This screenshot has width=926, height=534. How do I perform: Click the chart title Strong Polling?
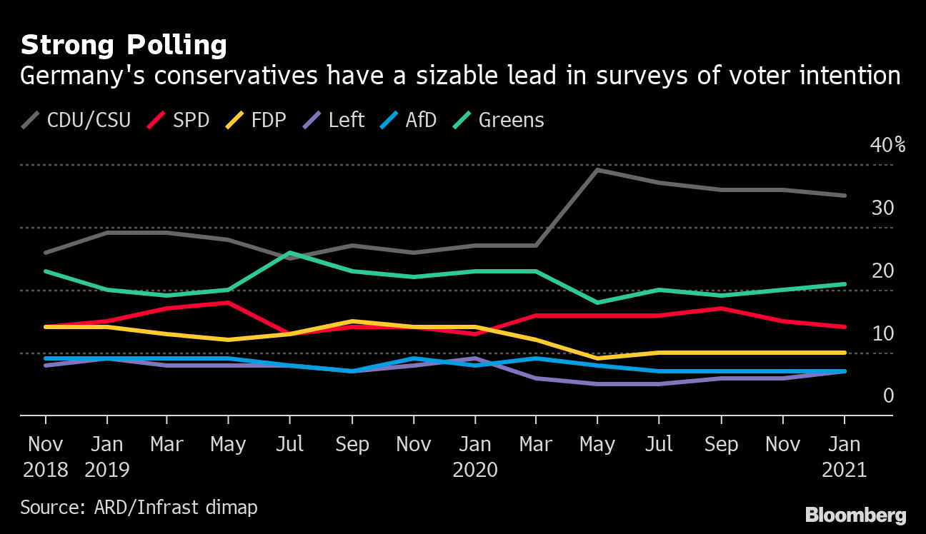124,46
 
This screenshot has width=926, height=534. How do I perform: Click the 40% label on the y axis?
887,146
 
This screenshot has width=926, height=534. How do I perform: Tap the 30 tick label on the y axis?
882,208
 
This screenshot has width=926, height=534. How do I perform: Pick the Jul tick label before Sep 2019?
289,445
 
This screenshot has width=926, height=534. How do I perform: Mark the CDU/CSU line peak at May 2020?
597,170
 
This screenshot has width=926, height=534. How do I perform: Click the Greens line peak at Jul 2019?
289,253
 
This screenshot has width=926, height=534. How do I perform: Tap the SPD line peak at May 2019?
229,302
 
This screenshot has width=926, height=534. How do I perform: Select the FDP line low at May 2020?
597,358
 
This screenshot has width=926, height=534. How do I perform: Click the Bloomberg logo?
855,515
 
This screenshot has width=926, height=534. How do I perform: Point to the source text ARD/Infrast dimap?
139,508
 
